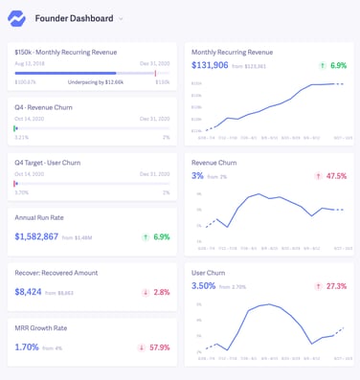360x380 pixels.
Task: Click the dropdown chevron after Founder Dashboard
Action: [121, 18]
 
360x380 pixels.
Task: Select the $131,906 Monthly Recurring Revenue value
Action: [210, 66]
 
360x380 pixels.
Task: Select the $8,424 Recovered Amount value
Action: [28, 292]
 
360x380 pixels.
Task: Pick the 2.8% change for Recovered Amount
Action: [161, 292]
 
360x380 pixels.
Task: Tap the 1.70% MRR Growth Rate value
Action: [27, 347]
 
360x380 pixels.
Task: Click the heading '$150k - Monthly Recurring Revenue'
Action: [65, 53]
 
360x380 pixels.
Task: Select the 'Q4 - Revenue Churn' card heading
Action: [44, 107]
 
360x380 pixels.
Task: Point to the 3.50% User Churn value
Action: [203, 286]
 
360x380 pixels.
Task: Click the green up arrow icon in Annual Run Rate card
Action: [144, 236]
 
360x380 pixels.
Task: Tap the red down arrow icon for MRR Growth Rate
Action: [143, 347]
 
